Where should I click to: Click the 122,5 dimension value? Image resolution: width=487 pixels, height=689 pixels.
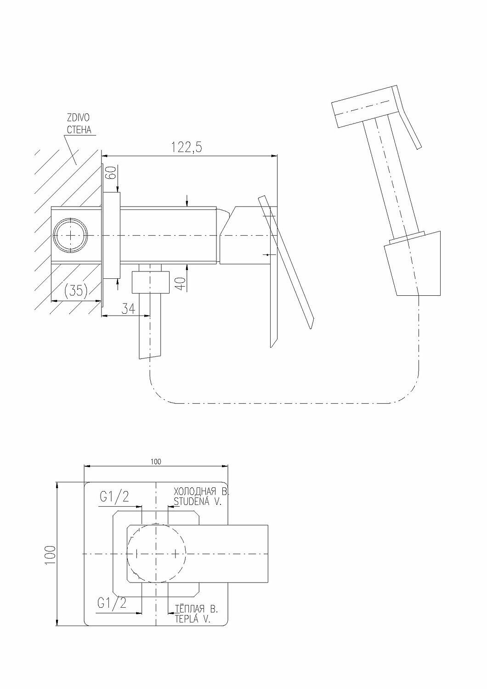click(x=187, y=147)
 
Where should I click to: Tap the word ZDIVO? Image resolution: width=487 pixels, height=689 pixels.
click(x=78, y=118)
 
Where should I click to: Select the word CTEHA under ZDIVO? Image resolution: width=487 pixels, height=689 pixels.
click(x=79, y=130)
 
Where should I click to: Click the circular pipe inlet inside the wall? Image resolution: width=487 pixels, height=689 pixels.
click(x=70, y=234)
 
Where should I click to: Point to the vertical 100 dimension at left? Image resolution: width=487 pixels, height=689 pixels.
click(x=50, y=554)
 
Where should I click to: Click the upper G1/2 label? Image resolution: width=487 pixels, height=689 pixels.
click(x=114, y=496)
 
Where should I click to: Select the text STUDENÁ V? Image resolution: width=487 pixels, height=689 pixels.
click(x=198, y=502)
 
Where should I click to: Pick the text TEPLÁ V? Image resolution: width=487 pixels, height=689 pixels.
click(x=192, y=619)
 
